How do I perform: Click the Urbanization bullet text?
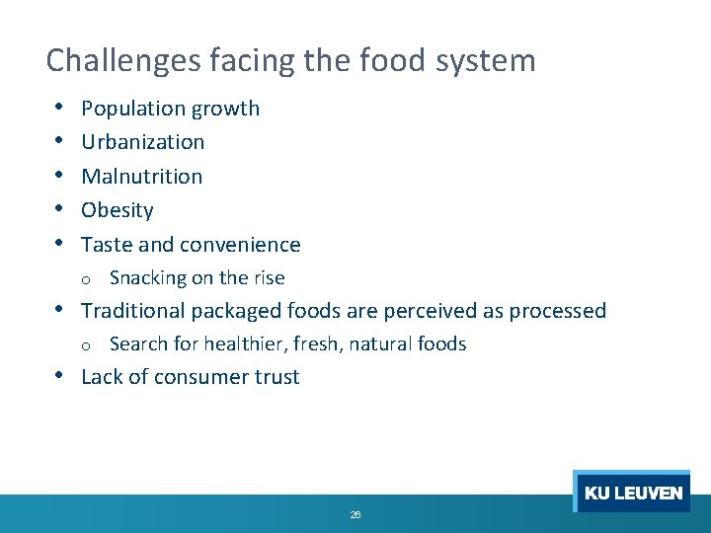[x=142, y=142]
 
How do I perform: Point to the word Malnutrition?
[x=141, y=177]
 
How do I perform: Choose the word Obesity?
[x=118, y=210]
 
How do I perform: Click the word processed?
[x=558, y=311]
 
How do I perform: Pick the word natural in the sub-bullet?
[x=374, y=344]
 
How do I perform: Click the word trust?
[x=276, y=377]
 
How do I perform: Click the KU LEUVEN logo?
[x=632, y=492]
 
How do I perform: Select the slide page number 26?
[x=355, y=515]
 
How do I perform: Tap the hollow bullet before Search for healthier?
[x=87, y=345]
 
